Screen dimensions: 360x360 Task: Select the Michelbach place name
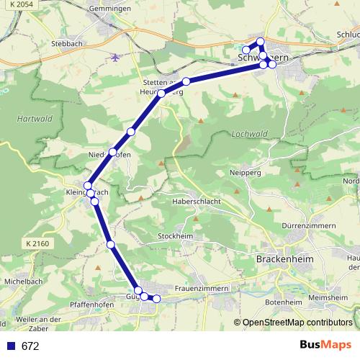[x=21, y=281]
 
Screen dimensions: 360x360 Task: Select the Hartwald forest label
[x=30, y=118]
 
